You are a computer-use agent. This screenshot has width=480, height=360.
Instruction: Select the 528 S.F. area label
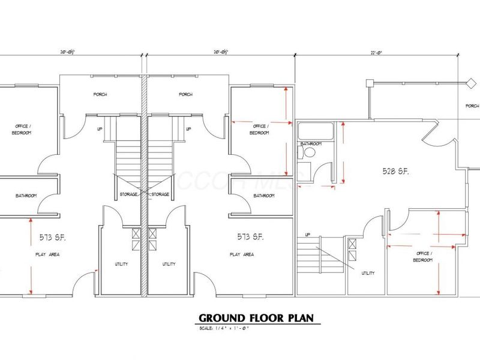pos(395,171)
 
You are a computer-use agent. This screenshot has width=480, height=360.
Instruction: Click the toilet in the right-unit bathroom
pos(310,154)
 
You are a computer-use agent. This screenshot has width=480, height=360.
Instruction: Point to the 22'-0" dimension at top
pos(377,53)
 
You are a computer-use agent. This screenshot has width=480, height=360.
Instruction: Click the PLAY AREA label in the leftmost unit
pos(47,254)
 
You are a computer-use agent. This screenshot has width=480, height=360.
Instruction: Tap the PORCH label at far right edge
pos(472,106)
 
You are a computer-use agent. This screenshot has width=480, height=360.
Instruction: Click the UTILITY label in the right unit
pos(368,273)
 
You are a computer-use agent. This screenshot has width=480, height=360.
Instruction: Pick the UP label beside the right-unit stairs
pos(308,234)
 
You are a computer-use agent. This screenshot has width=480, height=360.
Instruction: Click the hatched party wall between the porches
pos(144,96)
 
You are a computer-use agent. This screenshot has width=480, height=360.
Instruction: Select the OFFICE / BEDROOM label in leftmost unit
pos(22,129)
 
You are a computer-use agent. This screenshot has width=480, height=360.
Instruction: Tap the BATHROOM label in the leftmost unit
pos(26,196)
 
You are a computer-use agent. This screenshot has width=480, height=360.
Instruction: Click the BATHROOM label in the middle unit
pos(264,196)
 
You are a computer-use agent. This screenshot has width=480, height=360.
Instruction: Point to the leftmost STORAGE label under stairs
pos(128,194)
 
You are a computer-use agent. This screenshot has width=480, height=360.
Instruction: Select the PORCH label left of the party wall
pos(100,95)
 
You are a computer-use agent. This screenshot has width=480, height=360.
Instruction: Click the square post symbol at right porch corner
pos(371,82)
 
